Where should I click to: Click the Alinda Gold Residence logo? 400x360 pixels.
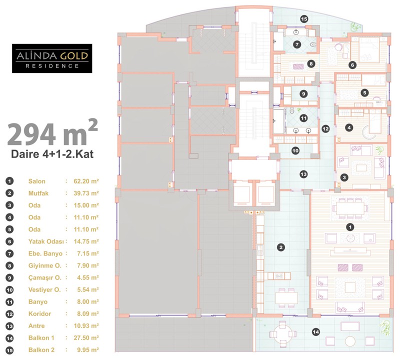(52, 58)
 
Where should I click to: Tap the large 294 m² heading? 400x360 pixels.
(52, 133)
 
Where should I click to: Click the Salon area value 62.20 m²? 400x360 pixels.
(86, 181)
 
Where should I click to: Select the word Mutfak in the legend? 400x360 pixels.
(38, 193)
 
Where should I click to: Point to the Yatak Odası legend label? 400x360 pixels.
(46, 241)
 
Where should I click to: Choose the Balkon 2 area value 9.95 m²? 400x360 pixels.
(88, 350)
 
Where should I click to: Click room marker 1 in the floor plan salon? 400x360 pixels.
(350, 227)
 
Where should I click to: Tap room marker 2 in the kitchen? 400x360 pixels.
(281, 247)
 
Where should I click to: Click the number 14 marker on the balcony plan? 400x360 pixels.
(316, 332)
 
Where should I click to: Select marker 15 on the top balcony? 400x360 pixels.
(304, 18)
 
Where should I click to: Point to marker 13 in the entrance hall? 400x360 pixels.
(303, 174)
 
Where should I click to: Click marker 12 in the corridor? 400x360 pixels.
(325, 129)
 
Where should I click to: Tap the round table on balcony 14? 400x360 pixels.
(282, 333)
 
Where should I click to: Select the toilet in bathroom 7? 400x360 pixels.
(313, 44)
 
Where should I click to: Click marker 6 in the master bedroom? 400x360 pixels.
(352, 65)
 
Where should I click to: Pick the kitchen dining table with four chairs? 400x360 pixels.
(286, 297)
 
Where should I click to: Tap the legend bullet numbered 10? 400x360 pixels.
(9, 290)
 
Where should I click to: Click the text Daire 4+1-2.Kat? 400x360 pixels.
(52, 154)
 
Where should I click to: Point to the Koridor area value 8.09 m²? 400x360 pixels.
(88, 314)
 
